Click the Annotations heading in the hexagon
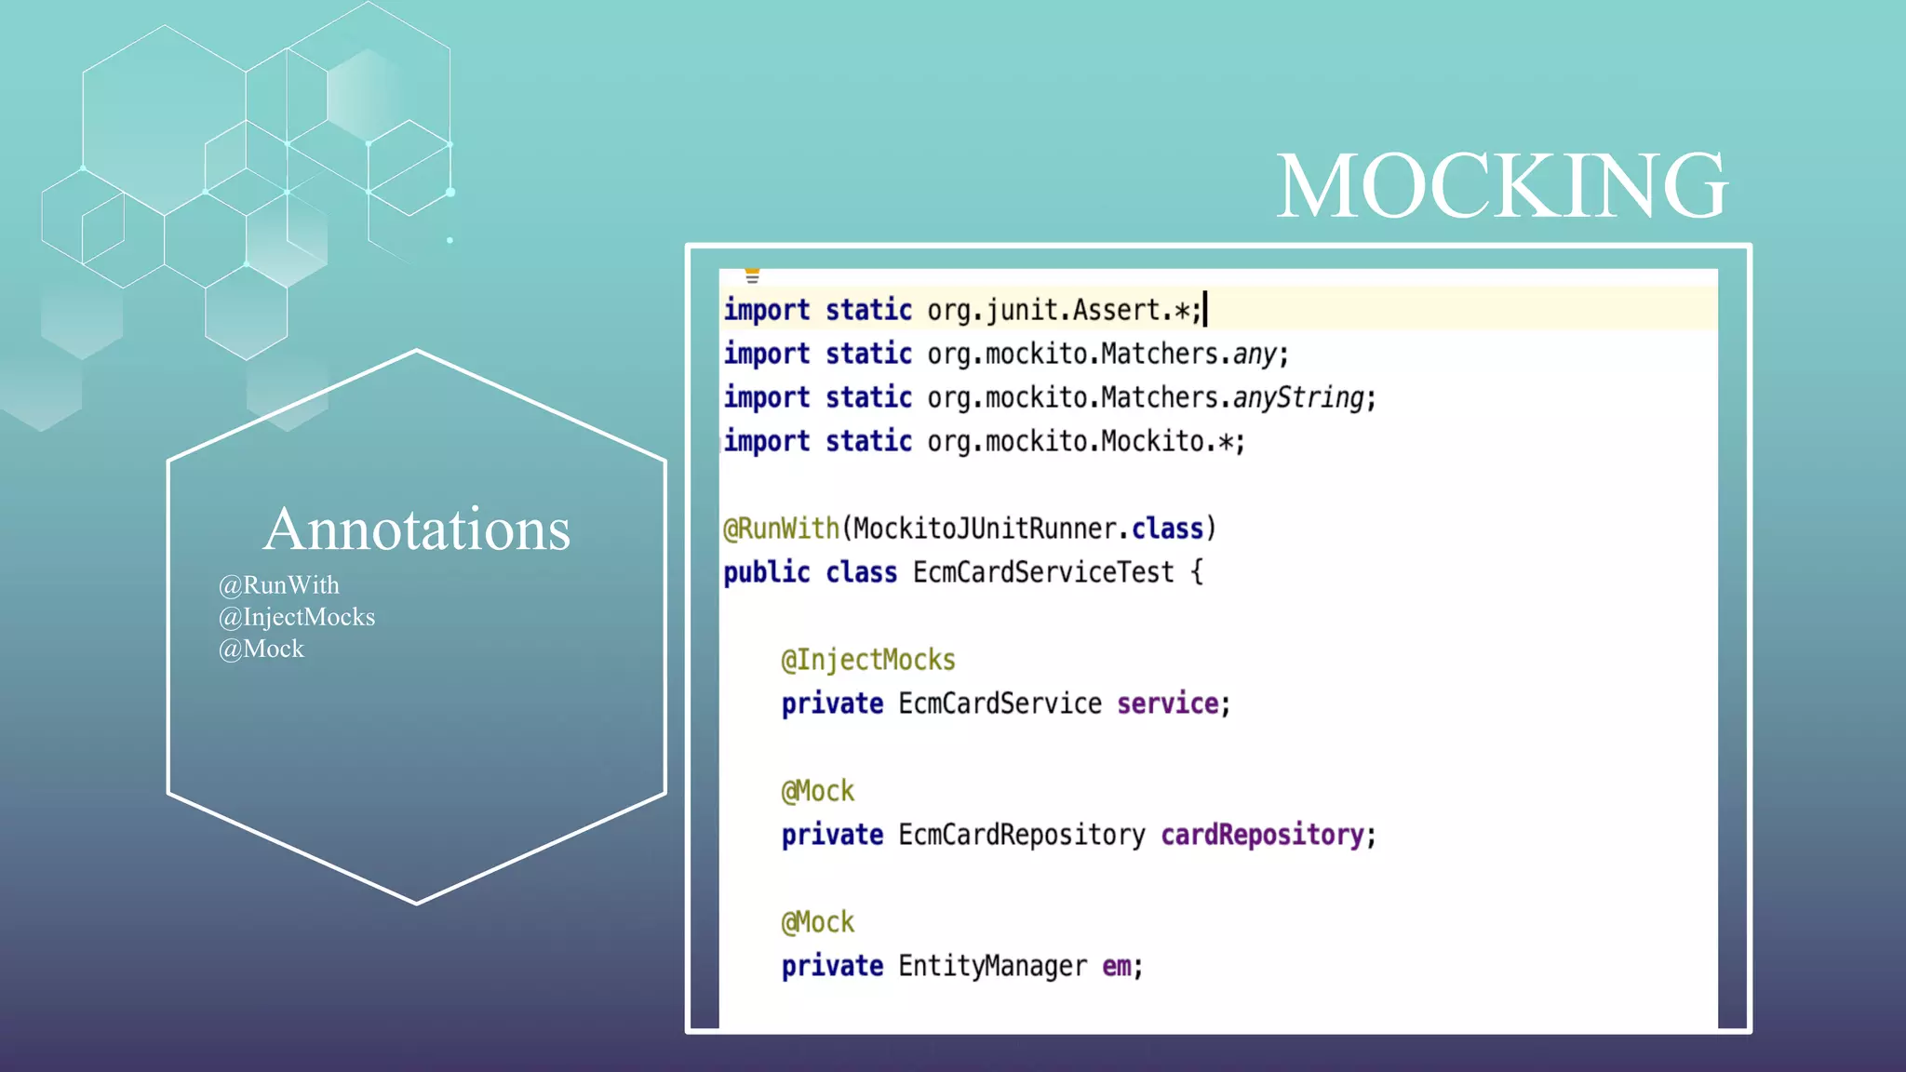tap(416, 529)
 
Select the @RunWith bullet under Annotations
tap(278, 585)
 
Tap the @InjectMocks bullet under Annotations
tap(296, 617)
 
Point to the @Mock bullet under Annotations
tap(261, 649)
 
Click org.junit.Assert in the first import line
tap(1044, 310)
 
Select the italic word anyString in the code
tap(1298, 397)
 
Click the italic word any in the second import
tap(1255, 354)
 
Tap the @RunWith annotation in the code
tap(781, 529)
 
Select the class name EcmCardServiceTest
tap(1043, 572)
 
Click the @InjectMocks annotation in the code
tap(867, 660)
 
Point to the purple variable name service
tap(1167, 703)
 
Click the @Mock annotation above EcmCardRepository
tap(817, 791)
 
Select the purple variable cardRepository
tap(1262, 835)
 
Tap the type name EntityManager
tap(992, 966)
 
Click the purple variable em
tap(1117, 966)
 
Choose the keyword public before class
tap(766, 572)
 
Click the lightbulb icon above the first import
tap(752, 275)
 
